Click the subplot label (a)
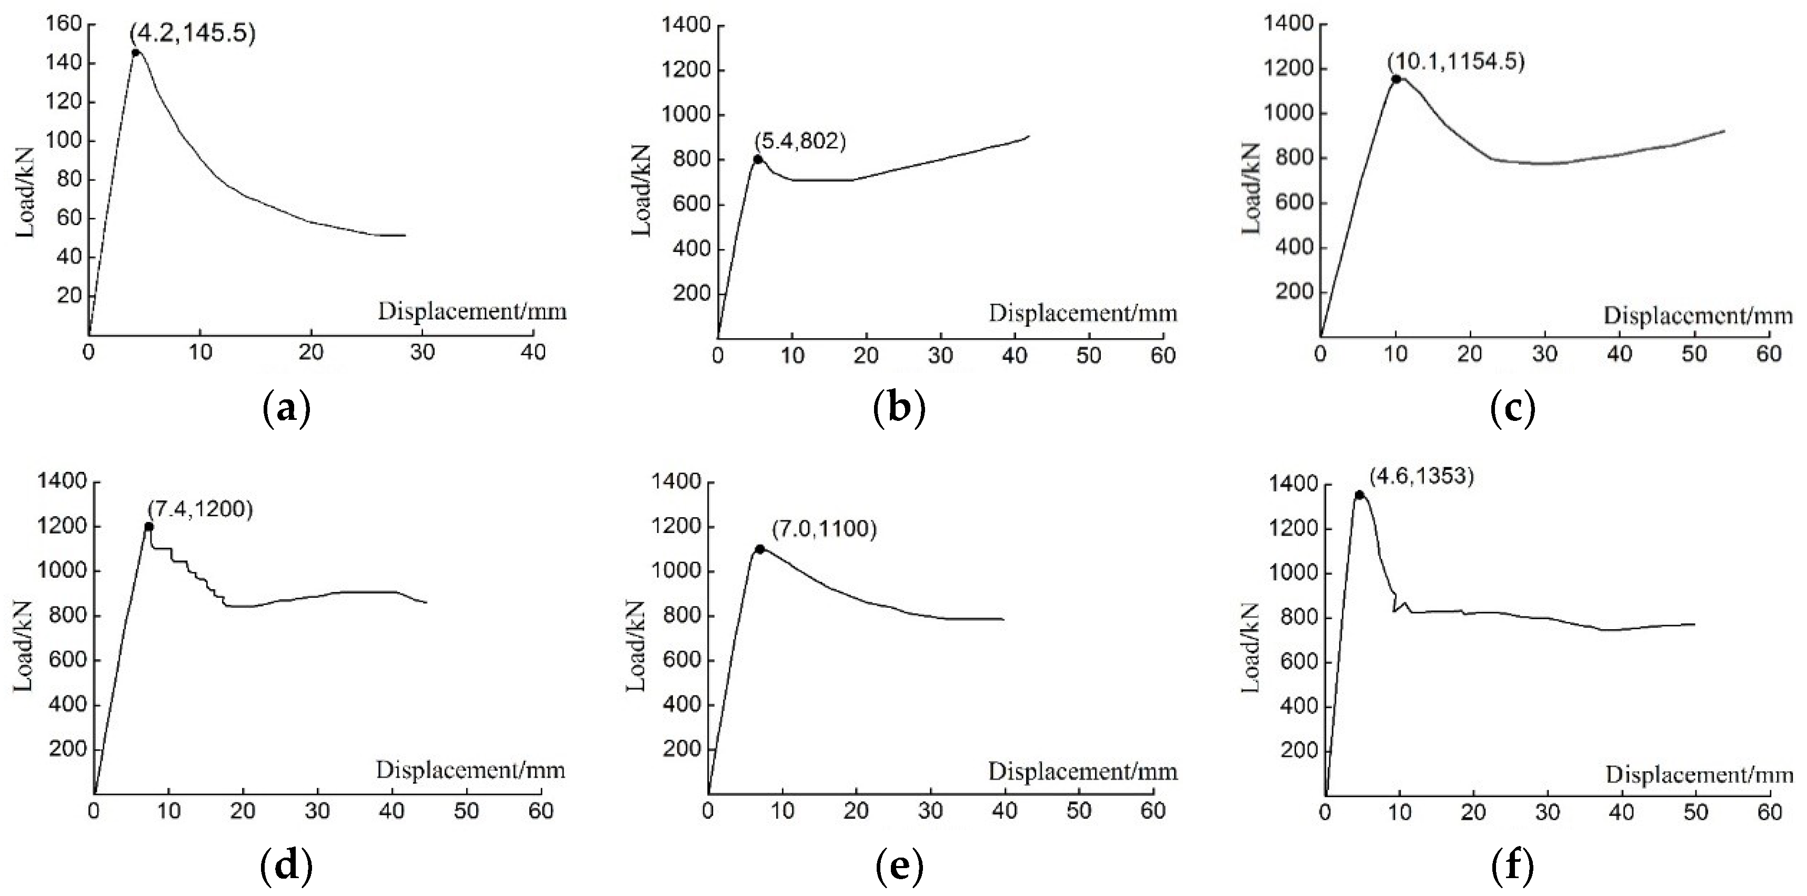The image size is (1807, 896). pos(286,408)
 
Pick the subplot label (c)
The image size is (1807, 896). pos(1512,408)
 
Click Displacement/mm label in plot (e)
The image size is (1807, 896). pos(1082,772)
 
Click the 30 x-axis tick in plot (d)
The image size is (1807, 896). pos(318,811)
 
